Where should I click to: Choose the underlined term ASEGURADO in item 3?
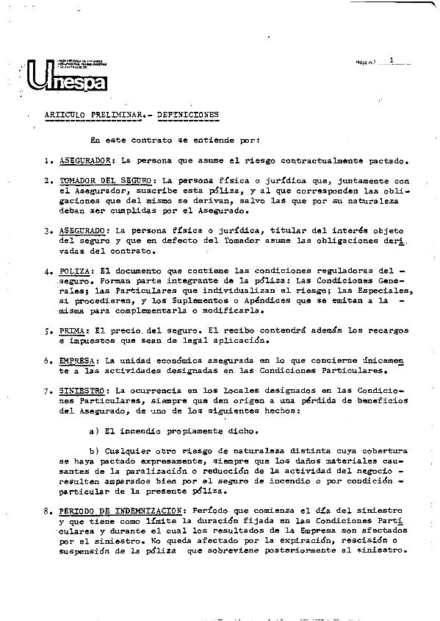[x=83, y=230]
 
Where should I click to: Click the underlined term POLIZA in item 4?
[x=76, y=271]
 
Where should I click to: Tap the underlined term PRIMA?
[x=73, y=331]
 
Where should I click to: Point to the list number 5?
[x=46, y=331]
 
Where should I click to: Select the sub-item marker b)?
[x=93, y=452]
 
